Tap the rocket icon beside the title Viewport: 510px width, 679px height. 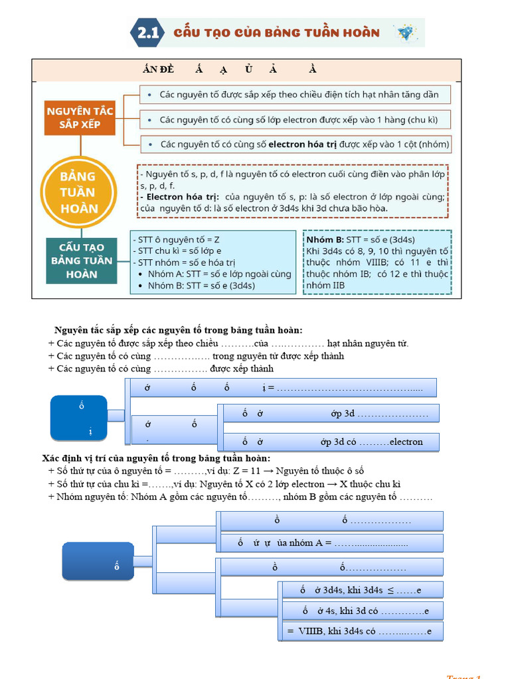point(404,32)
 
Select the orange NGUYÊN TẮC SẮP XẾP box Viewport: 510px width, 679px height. point(80,117)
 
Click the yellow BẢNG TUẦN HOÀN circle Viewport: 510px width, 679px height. point(78,192)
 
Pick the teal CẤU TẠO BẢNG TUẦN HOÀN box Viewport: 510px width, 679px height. point(82,260)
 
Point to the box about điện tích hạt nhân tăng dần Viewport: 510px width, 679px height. point(295,94)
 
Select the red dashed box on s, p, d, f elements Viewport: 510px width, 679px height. point(293,191)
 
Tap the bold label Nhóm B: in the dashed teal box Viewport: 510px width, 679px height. point(325,239)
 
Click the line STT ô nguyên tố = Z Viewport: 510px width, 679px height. point(179,239)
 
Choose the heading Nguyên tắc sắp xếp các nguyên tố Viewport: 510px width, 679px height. point(179,330)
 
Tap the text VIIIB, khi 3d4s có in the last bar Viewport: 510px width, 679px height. point(331,631)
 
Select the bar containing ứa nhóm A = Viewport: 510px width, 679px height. point(332,543)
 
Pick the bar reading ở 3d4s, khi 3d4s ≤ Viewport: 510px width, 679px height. point(361,590)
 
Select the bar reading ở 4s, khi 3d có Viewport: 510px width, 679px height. point(361,611)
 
